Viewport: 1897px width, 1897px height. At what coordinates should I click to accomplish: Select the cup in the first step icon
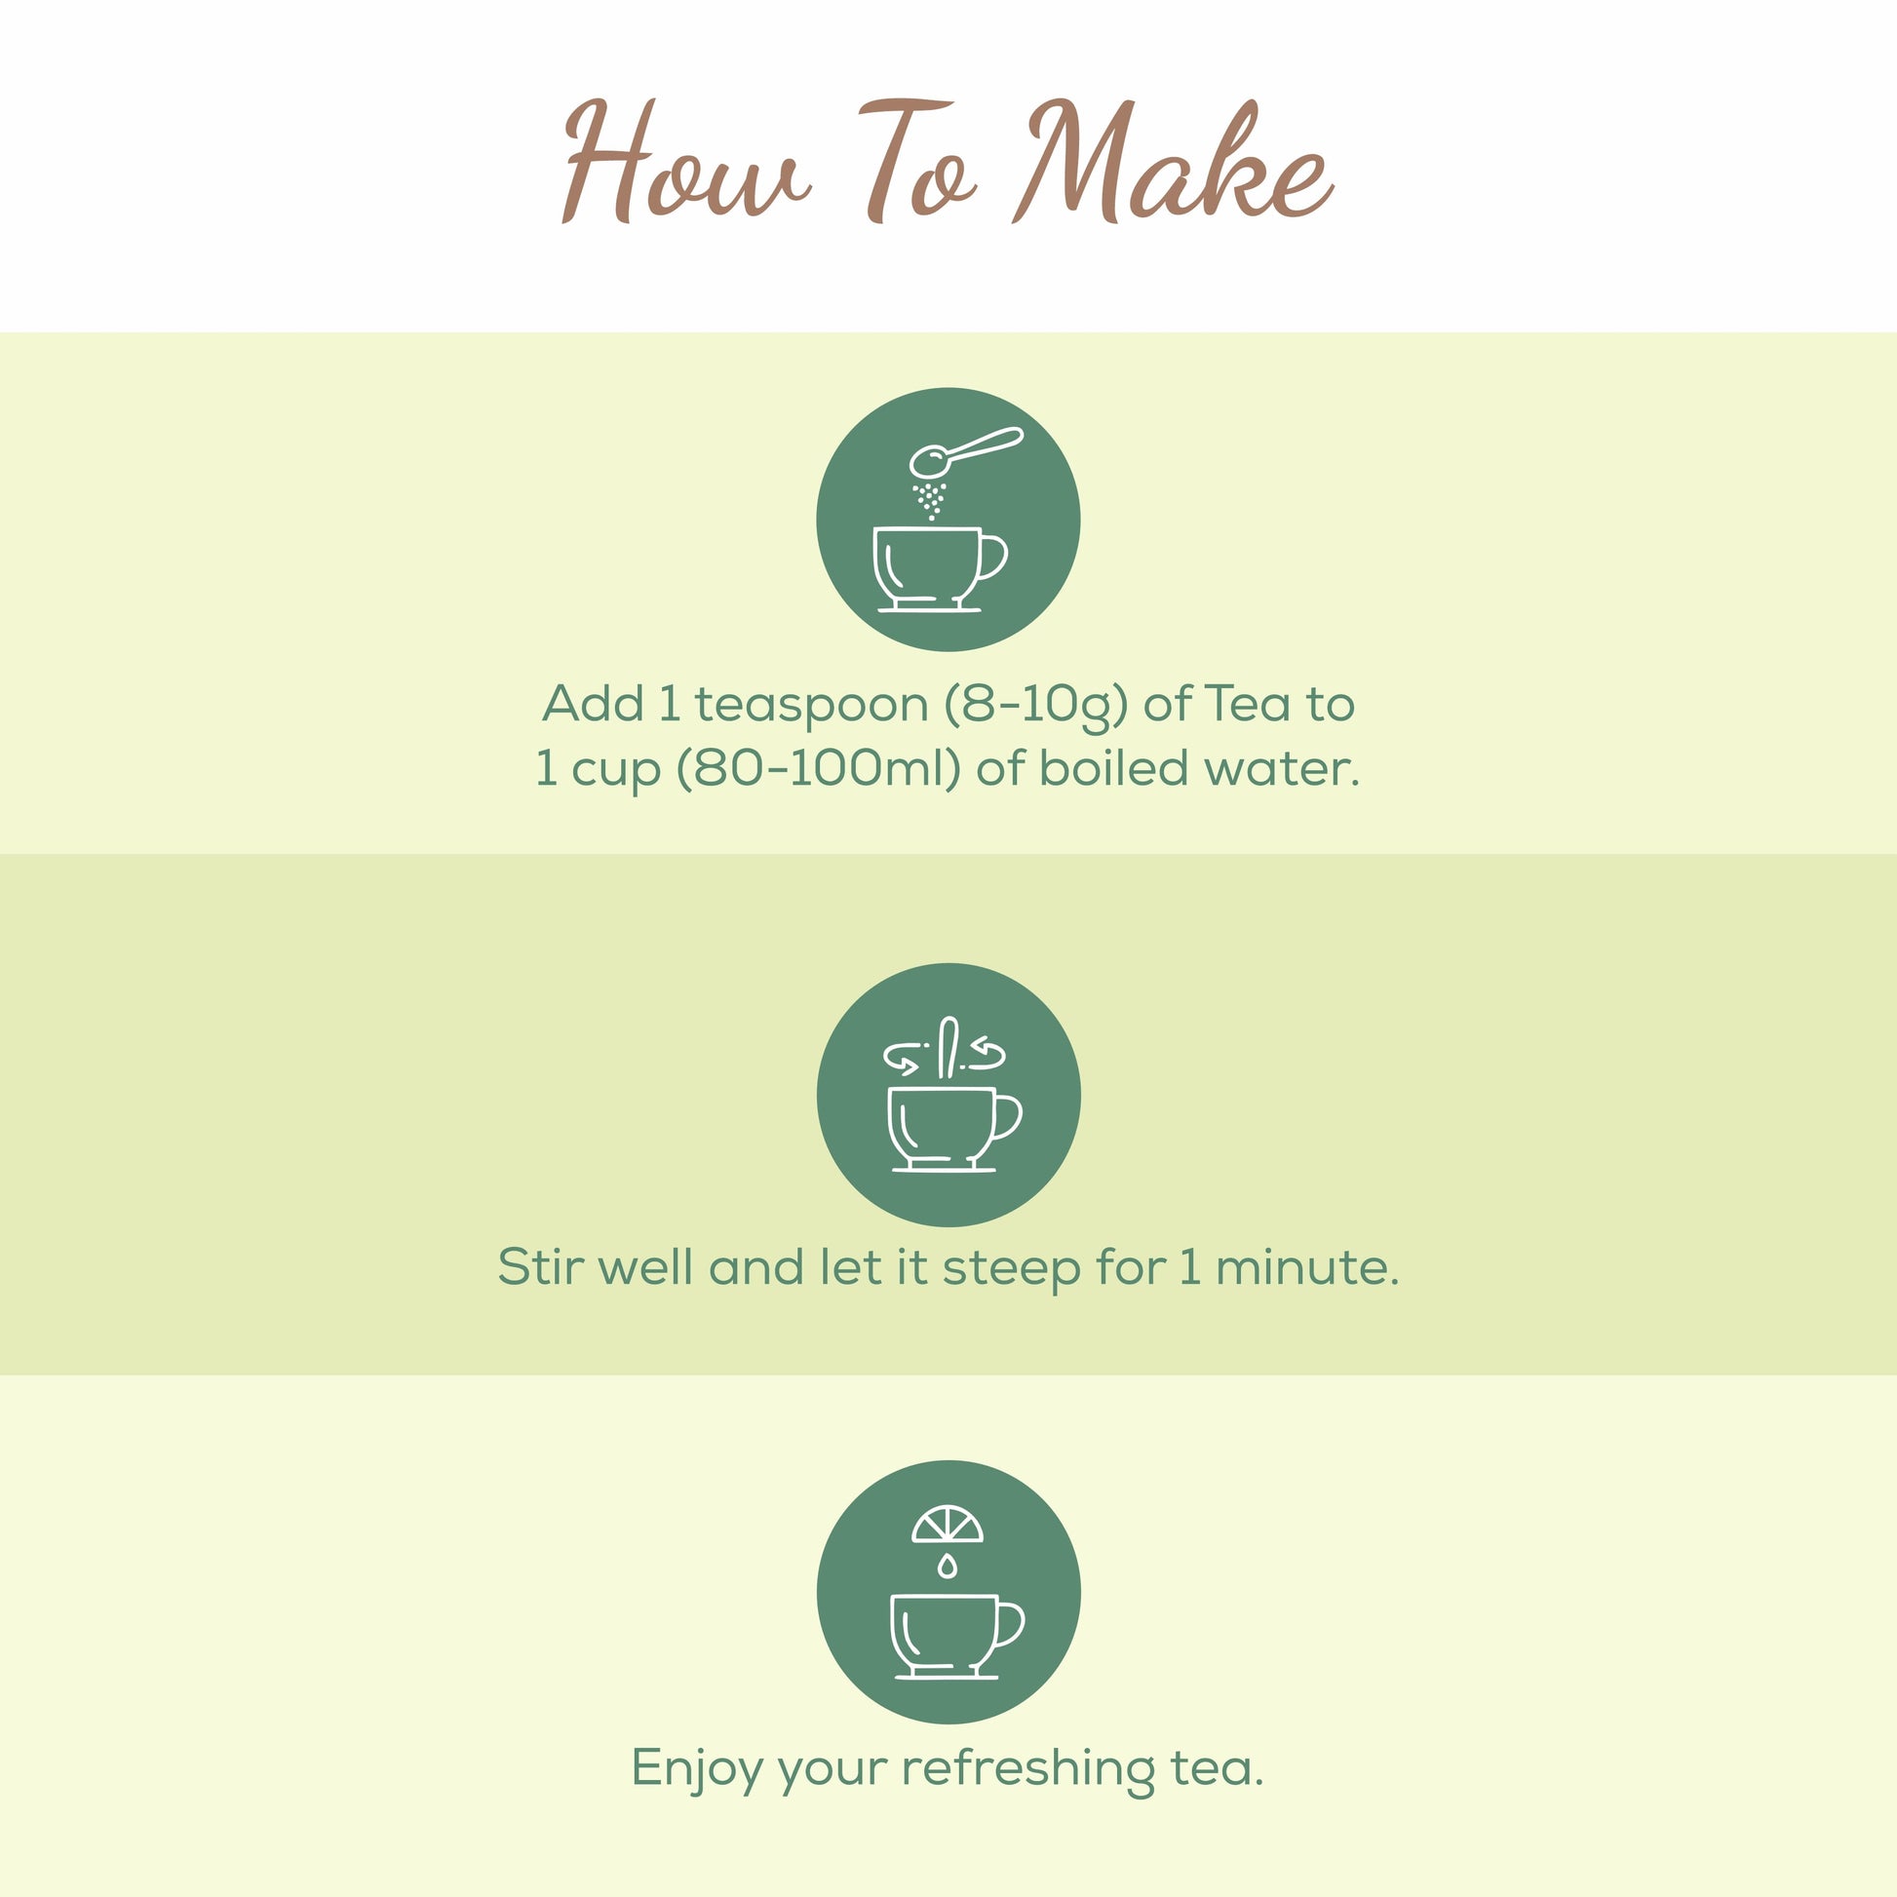[x=928, y=567]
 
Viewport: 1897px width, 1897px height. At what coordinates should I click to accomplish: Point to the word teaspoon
[x=811, y=704]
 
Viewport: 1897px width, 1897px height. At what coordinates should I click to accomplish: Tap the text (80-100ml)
[x=818, y=769]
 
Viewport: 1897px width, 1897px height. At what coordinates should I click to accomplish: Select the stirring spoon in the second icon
[x=948, y=1047]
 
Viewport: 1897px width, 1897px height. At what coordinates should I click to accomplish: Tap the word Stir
[x=542, y=1266]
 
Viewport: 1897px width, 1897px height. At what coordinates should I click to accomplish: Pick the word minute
[x=1306, y=1266]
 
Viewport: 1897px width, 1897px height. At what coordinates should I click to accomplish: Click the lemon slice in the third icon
[x=947, y=1525]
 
